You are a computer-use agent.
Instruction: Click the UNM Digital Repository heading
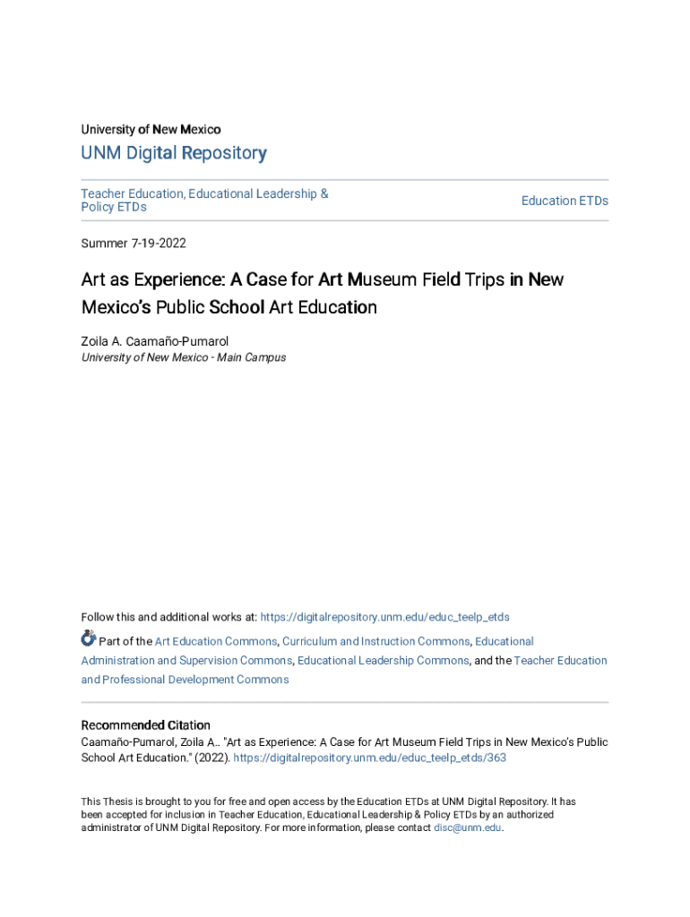point(174,153)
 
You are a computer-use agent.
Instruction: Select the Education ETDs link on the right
point(565,201)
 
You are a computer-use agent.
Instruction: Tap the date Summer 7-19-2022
point(134,243)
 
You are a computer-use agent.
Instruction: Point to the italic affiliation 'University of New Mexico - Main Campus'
point(184,357)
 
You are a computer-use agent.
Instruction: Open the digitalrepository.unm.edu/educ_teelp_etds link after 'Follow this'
point(385,617)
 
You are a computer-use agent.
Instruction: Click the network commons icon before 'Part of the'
point(88,638)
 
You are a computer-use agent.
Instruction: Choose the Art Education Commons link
point(215,641)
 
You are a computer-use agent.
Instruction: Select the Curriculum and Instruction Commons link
point(375,641)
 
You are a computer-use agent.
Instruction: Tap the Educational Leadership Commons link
point(383,660)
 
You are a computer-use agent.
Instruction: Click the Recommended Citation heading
point(146,725)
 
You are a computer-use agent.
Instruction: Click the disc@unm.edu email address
point(468,828)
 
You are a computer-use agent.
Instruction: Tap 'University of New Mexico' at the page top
point(151,129)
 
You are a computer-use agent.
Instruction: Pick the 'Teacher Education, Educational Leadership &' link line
point(204,193)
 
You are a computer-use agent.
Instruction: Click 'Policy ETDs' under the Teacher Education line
point(114,207)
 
